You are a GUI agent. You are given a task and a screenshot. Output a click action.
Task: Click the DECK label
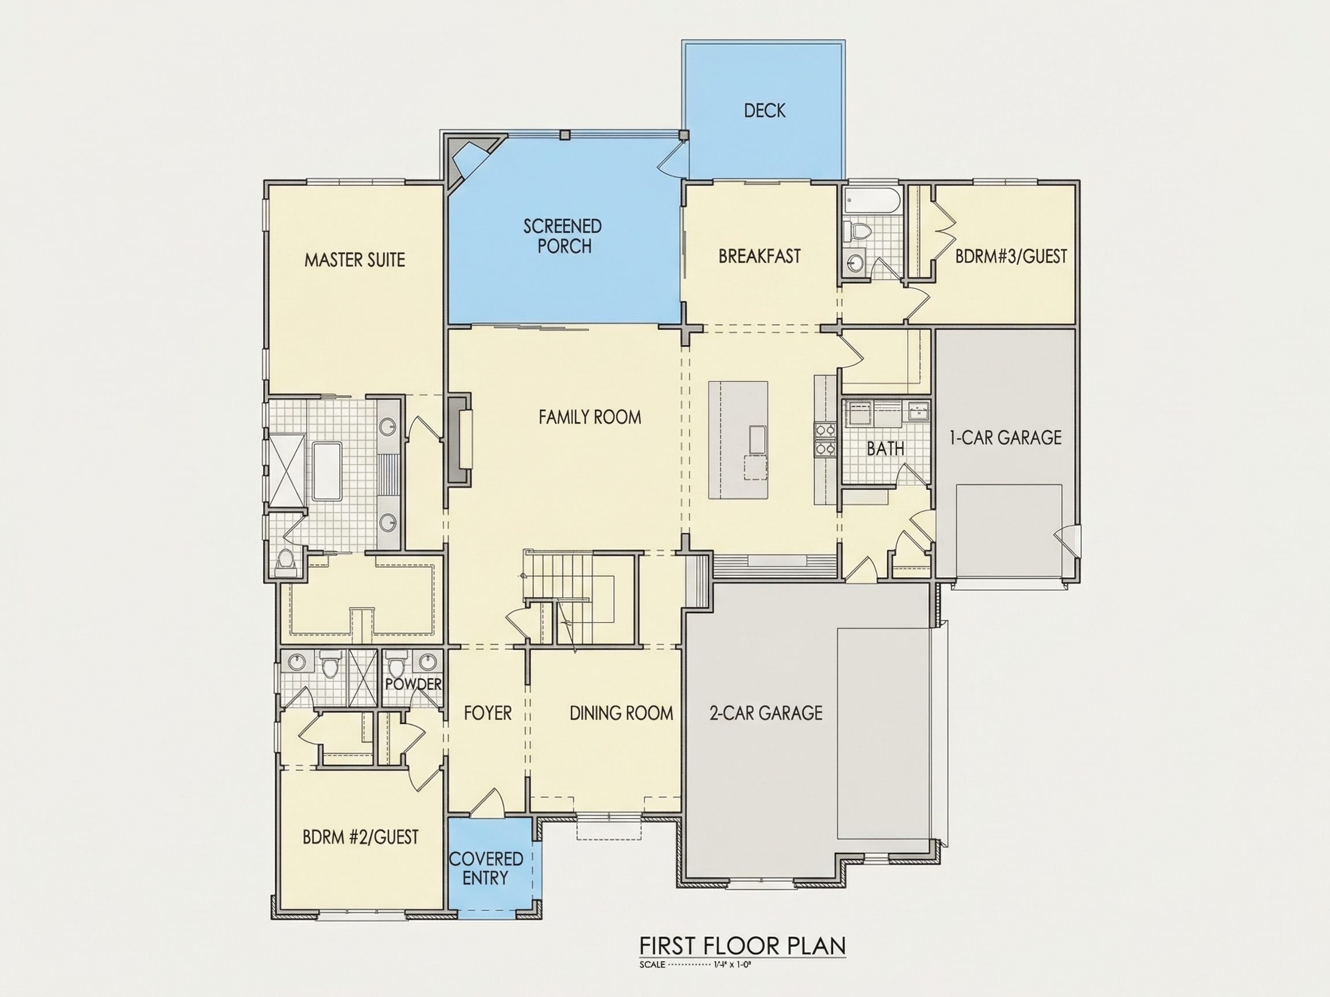coord(764,111)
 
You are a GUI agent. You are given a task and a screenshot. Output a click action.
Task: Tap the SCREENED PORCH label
coord(563,236)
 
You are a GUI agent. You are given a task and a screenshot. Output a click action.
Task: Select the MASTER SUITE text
coord(355,260)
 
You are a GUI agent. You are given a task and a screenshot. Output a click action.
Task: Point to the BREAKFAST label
coord(760,257)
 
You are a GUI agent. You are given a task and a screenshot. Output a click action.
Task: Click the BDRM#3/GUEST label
coord(1011,257)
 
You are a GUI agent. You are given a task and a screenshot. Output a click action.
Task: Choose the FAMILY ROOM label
coord(590,417)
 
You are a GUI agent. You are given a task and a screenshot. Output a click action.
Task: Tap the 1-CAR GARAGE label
coord(1006,437)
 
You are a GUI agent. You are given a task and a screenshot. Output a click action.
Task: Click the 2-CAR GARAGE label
coord(765,713)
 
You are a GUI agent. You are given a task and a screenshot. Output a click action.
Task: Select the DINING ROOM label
coord(621,713)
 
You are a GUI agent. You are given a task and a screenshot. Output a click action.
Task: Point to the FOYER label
coord(488,713)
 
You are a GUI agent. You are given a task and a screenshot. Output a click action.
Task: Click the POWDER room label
coord(413,684)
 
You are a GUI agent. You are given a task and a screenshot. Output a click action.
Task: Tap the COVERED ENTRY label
coord(486,868)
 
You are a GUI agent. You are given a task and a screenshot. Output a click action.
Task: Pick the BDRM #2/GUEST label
coord(360,837)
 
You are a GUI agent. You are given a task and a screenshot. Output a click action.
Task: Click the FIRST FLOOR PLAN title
coord(742,946)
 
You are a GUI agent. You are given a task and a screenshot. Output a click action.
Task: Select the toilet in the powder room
coord(395,667)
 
